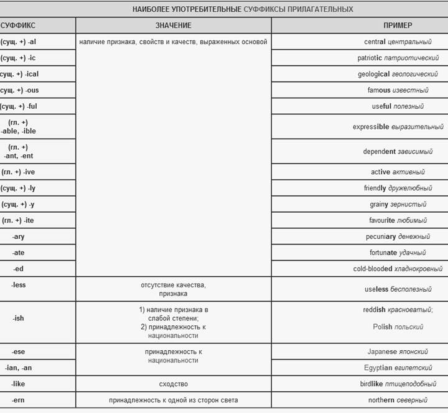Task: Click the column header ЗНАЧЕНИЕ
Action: point(173,26)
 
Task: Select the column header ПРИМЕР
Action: point(398,26)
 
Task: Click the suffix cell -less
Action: point(19,285)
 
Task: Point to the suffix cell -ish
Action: point(19,318)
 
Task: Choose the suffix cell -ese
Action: point(19,351)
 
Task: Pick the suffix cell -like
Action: point(19,384)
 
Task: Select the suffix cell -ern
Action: point(19,400)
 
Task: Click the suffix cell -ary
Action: point(19,236)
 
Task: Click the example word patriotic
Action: point(370,58)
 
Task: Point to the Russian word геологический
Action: point(419,75)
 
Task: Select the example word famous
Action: point(379,91)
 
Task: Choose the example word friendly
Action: point(375,188)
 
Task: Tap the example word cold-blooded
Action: point(372,269)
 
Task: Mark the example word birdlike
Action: point(379,384)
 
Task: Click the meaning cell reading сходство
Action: point(173,384)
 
